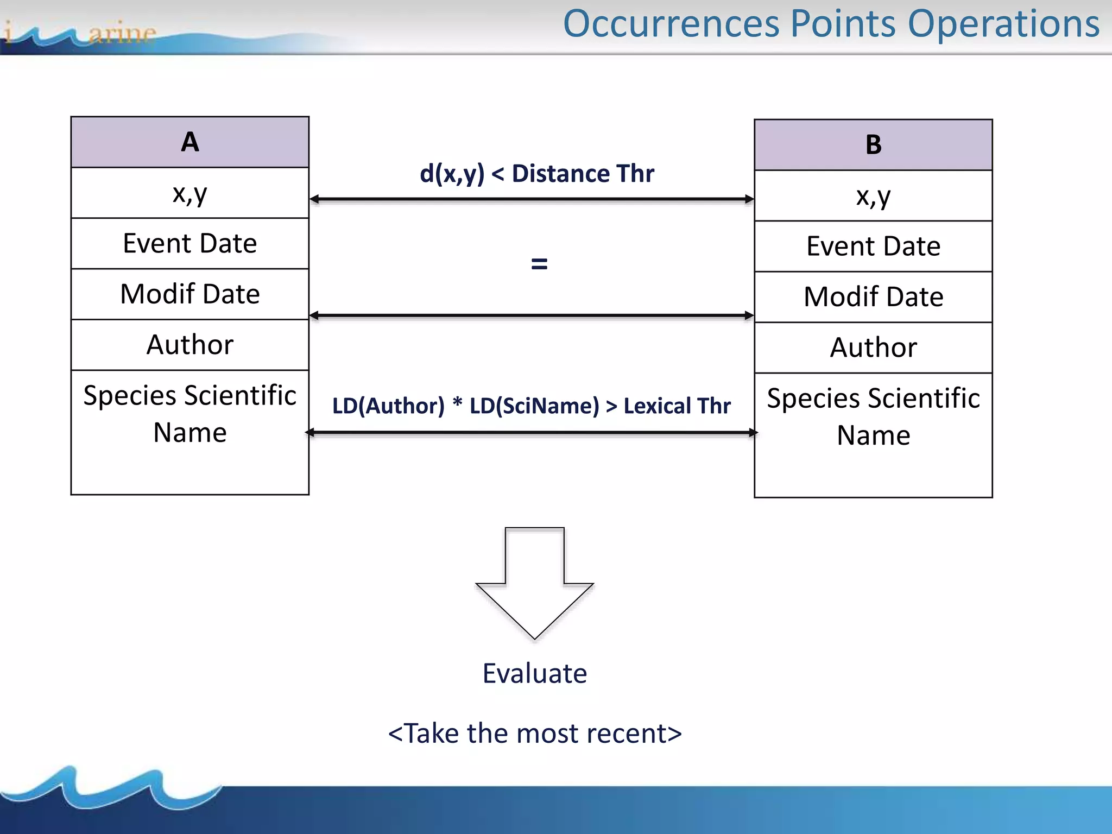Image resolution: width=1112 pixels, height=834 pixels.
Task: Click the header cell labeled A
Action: (x=189, y=142)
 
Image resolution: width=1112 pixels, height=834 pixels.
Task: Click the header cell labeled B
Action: (x=873, y=145)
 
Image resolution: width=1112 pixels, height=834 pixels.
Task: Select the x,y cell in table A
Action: (x=189, y=193)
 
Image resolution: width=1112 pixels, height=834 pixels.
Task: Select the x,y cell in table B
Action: (x=873, y=196)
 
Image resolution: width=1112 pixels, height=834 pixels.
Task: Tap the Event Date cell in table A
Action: (x=189, y=243)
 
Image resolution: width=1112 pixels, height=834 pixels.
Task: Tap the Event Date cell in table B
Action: (x=873, y=247)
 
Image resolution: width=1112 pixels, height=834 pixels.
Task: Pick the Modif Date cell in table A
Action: (x=189, y=294)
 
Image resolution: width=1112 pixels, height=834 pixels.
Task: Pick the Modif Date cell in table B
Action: (x=873, y=297)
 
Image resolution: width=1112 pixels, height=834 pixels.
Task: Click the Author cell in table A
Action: (x=189, y=345)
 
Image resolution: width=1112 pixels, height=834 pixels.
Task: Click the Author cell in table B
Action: (x=873, y=347)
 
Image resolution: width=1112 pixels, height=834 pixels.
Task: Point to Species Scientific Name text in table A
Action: (x=189, y=414)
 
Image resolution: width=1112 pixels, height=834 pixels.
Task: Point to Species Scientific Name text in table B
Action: (x=873, y=416)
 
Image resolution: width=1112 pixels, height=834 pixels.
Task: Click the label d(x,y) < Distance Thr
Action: (x=536, y=174)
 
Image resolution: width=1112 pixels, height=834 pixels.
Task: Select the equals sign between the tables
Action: (x=539, y=264)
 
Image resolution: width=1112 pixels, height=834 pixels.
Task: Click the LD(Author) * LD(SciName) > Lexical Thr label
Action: (x=531, y=406)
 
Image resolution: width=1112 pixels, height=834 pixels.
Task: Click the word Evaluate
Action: (x=534, y=674)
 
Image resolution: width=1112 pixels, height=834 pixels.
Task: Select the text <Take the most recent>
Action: (x=534, y=734)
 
